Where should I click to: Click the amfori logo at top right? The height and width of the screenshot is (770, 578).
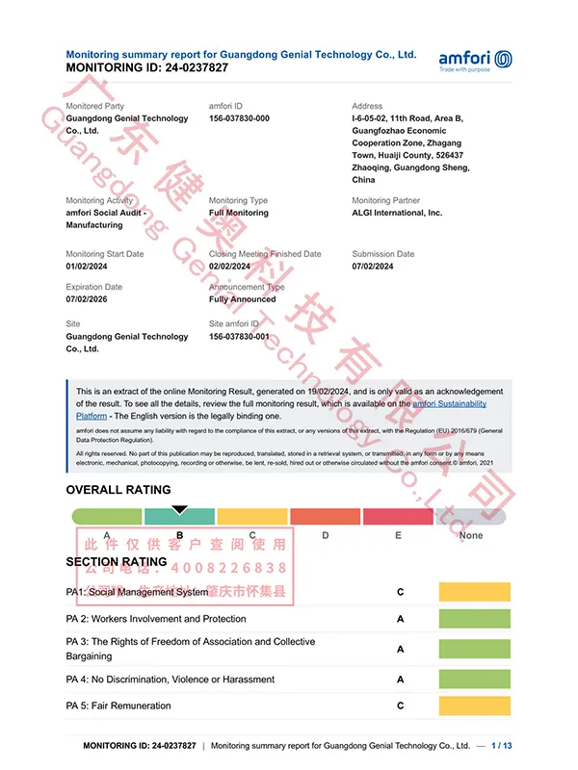(475, 60)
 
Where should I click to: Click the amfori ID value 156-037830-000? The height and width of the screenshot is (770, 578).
(239, 118)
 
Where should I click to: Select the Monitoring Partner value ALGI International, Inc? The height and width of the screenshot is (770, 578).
(397, 213)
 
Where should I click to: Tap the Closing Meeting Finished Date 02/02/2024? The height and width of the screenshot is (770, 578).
(229, 266)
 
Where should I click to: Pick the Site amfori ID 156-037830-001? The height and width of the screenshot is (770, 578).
(239, 337)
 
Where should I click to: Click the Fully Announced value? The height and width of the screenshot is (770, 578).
(242, 299)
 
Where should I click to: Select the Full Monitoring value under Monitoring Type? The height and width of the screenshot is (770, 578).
(239, 213)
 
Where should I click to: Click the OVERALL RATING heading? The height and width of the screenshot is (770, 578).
(118, 490)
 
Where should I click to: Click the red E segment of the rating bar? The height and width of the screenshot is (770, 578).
(398, 517)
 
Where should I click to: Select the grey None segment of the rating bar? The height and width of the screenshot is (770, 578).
(471, 517)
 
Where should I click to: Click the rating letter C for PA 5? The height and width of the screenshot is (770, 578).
(401, 706)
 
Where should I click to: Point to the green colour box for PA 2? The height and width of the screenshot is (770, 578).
(474, 619)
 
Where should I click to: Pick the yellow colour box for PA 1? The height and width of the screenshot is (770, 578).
(474, 592)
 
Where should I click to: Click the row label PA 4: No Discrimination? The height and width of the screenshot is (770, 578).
(171, 680)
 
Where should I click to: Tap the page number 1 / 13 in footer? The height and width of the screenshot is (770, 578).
(502, 746)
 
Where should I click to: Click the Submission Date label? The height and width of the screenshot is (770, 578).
(382, 254)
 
